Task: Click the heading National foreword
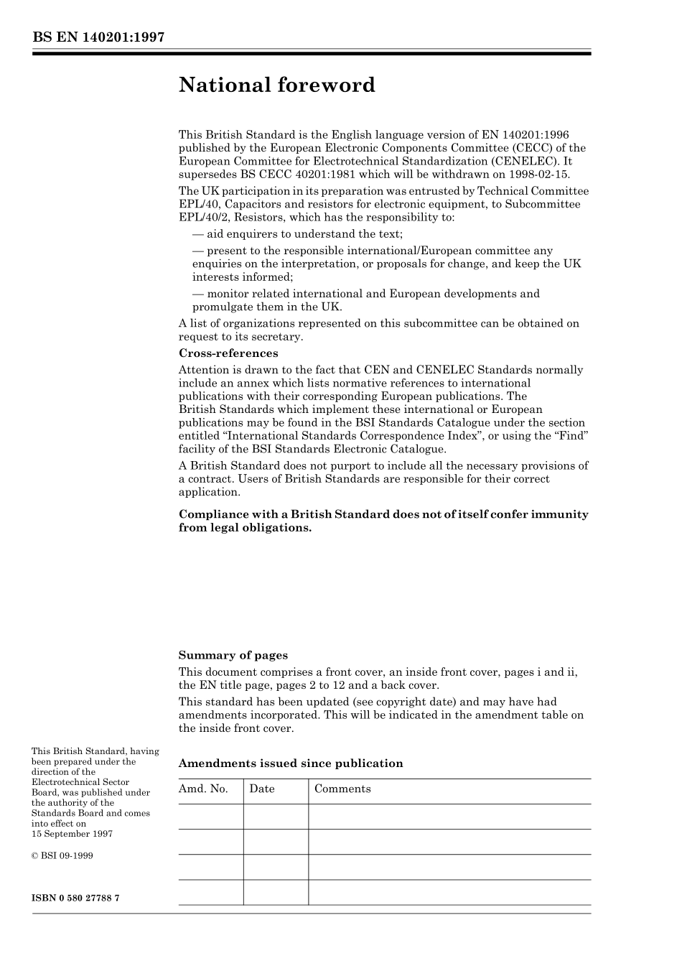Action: click(x=276, y=85)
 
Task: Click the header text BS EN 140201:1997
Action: click(x=98, y=37)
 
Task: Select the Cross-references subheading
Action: click(x=228, y=353)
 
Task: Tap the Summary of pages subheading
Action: click(x=233, y=655)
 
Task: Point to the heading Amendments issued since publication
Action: click(x=290, y=763)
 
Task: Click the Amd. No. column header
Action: click(x=203, y=789)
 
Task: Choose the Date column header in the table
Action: click(x=262, y=789)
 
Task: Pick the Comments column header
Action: click(x=342, y=789)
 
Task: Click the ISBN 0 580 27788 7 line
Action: click(x=75, y=898)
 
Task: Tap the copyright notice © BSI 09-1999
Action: click(x=62, y=856)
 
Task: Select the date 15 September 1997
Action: click(x=72, y=834)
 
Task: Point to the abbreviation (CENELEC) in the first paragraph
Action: click(x=523, y=162)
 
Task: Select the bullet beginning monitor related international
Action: click(x=366, y=294)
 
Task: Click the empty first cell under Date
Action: click(x=276, y=817)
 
